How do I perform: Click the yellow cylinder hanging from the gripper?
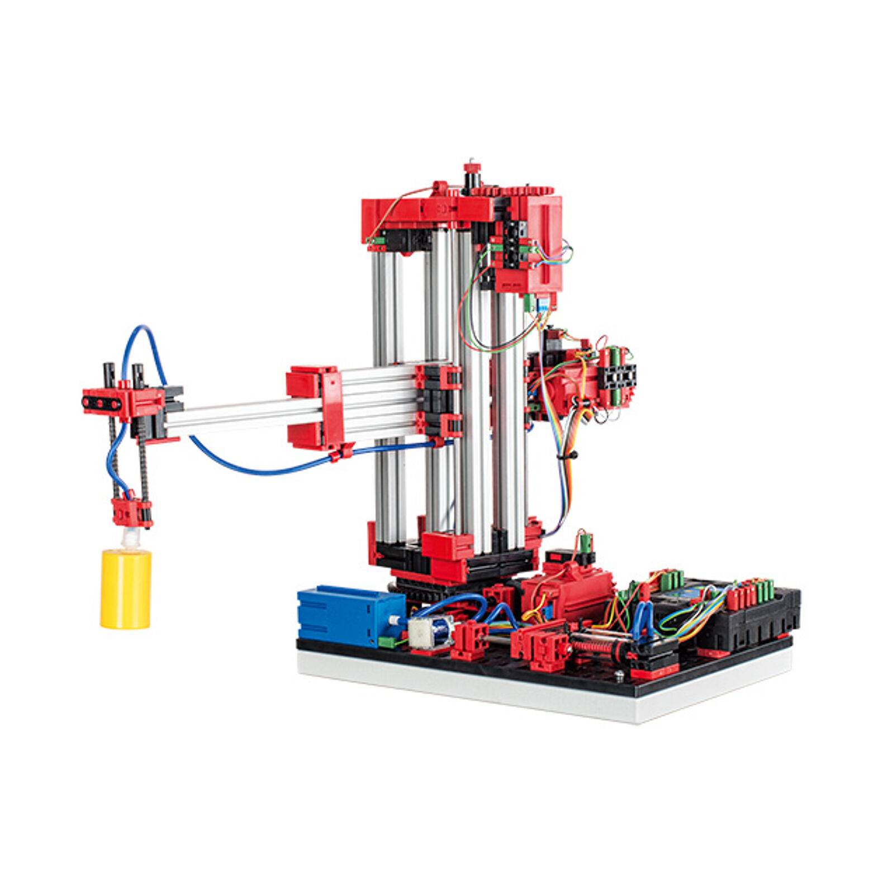coord(125,589)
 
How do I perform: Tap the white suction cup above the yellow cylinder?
coord(129,538)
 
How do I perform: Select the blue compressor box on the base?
coord(350,615)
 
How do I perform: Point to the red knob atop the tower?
coord(472,167)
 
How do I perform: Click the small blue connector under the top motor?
coord(542,305)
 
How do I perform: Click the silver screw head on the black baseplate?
coord(619,675)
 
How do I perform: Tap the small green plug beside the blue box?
coord(386,642)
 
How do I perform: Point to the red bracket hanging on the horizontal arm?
coord(314,407)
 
